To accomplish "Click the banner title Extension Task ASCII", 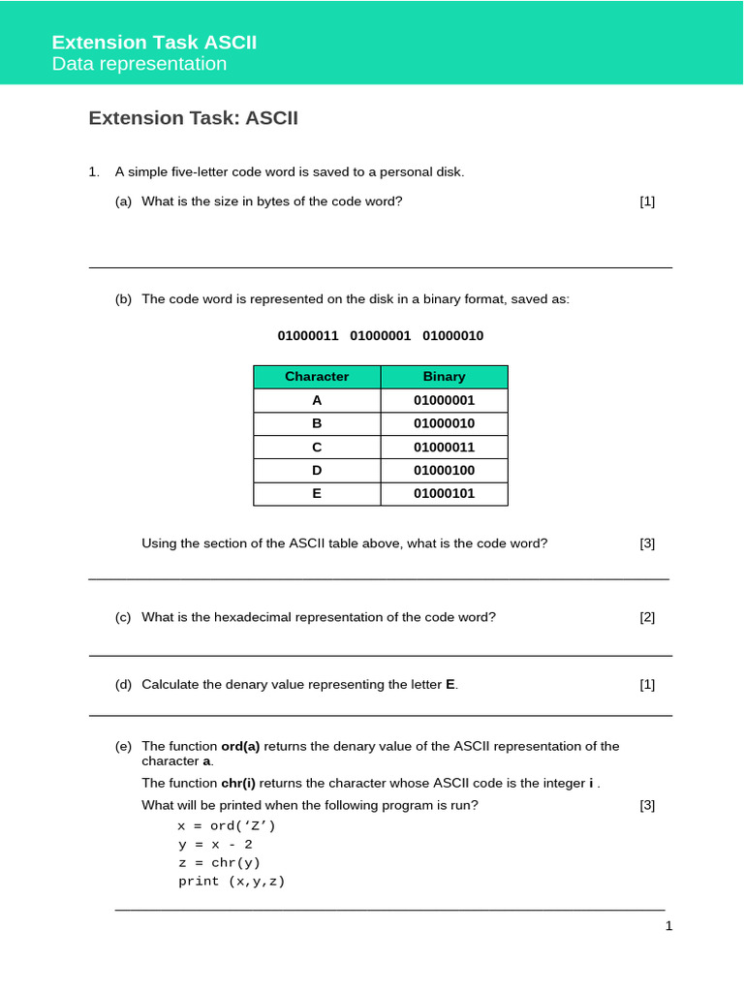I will (154, 42).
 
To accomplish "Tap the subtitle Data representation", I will (139, 64).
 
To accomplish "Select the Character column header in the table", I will (317, 376).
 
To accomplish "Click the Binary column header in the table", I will (444, 376).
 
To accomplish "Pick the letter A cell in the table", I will (317, 400).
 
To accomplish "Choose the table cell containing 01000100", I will (444, 470).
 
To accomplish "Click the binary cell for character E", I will (444, 493).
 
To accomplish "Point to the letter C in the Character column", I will (317, 447).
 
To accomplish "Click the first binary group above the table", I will (308, 335).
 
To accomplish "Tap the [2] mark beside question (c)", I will (647, 617).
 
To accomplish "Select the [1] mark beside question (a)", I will (647, 201).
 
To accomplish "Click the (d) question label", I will (123, 684).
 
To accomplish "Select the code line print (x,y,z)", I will (232, 882).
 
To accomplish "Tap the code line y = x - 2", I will (214, 844).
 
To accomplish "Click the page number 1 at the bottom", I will (668, 926).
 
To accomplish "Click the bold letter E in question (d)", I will (449, 684).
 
